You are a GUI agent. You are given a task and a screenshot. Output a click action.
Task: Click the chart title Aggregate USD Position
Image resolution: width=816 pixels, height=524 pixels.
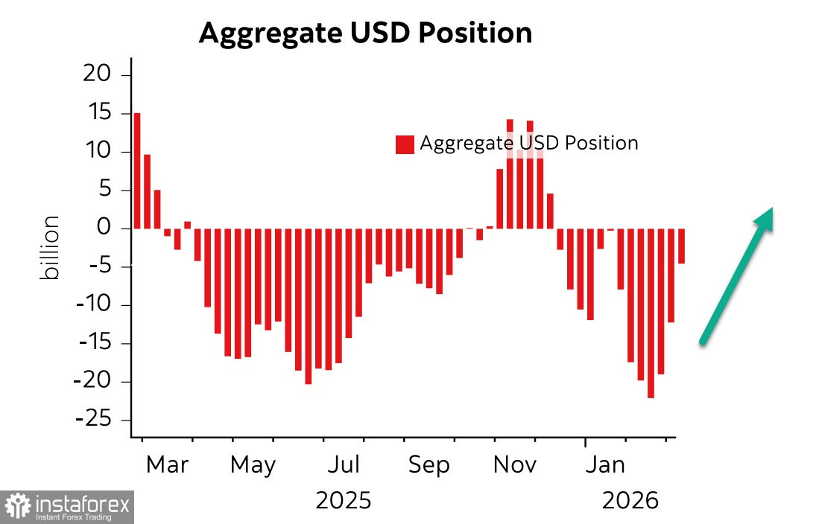pos(365,33)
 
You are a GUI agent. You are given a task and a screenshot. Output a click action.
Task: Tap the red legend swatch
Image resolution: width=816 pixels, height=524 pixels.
pos(405,144)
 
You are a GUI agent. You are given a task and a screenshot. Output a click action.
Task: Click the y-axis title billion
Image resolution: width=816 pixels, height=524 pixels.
pos(51,249)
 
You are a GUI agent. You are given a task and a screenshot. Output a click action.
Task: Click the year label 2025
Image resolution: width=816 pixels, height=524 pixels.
pos(343,499)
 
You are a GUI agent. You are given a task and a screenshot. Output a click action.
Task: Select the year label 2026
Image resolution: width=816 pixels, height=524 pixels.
pos(630,499)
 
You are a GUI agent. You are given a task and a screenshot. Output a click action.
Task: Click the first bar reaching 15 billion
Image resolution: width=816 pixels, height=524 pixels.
pos(137,171)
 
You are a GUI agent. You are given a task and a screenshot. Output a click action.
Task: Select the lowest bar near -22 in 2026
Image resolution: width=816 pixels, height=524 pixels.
pos(651,313)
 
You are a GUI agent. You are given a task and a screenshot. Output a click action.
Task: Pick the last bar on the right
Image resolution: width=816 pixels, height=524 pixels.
pos(681,246)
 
